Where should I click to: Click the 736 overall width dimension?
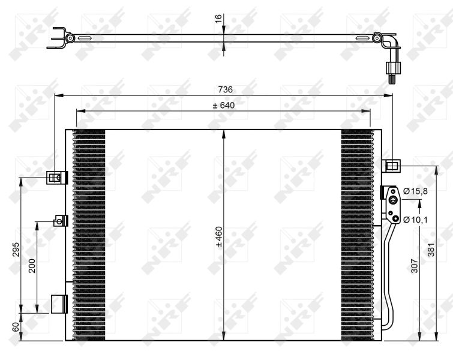click(226, 89)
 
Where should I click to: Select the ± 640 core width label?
click(224, 105)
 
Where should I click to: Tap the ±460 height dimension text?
click(219, 237)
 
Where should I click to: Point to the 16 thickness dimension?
click(218, 18)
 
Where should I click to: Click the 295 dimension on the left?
click(16, 250)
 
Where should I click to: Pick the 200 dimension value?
click(32, 266)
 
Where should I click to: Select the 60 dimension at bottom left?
click(16, 327)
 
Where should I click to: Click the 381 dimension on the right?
click(431, 250)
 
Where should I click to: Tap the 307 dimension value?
click(415, 266)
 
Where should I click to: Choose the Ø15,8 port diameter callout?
click(415, 191)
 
